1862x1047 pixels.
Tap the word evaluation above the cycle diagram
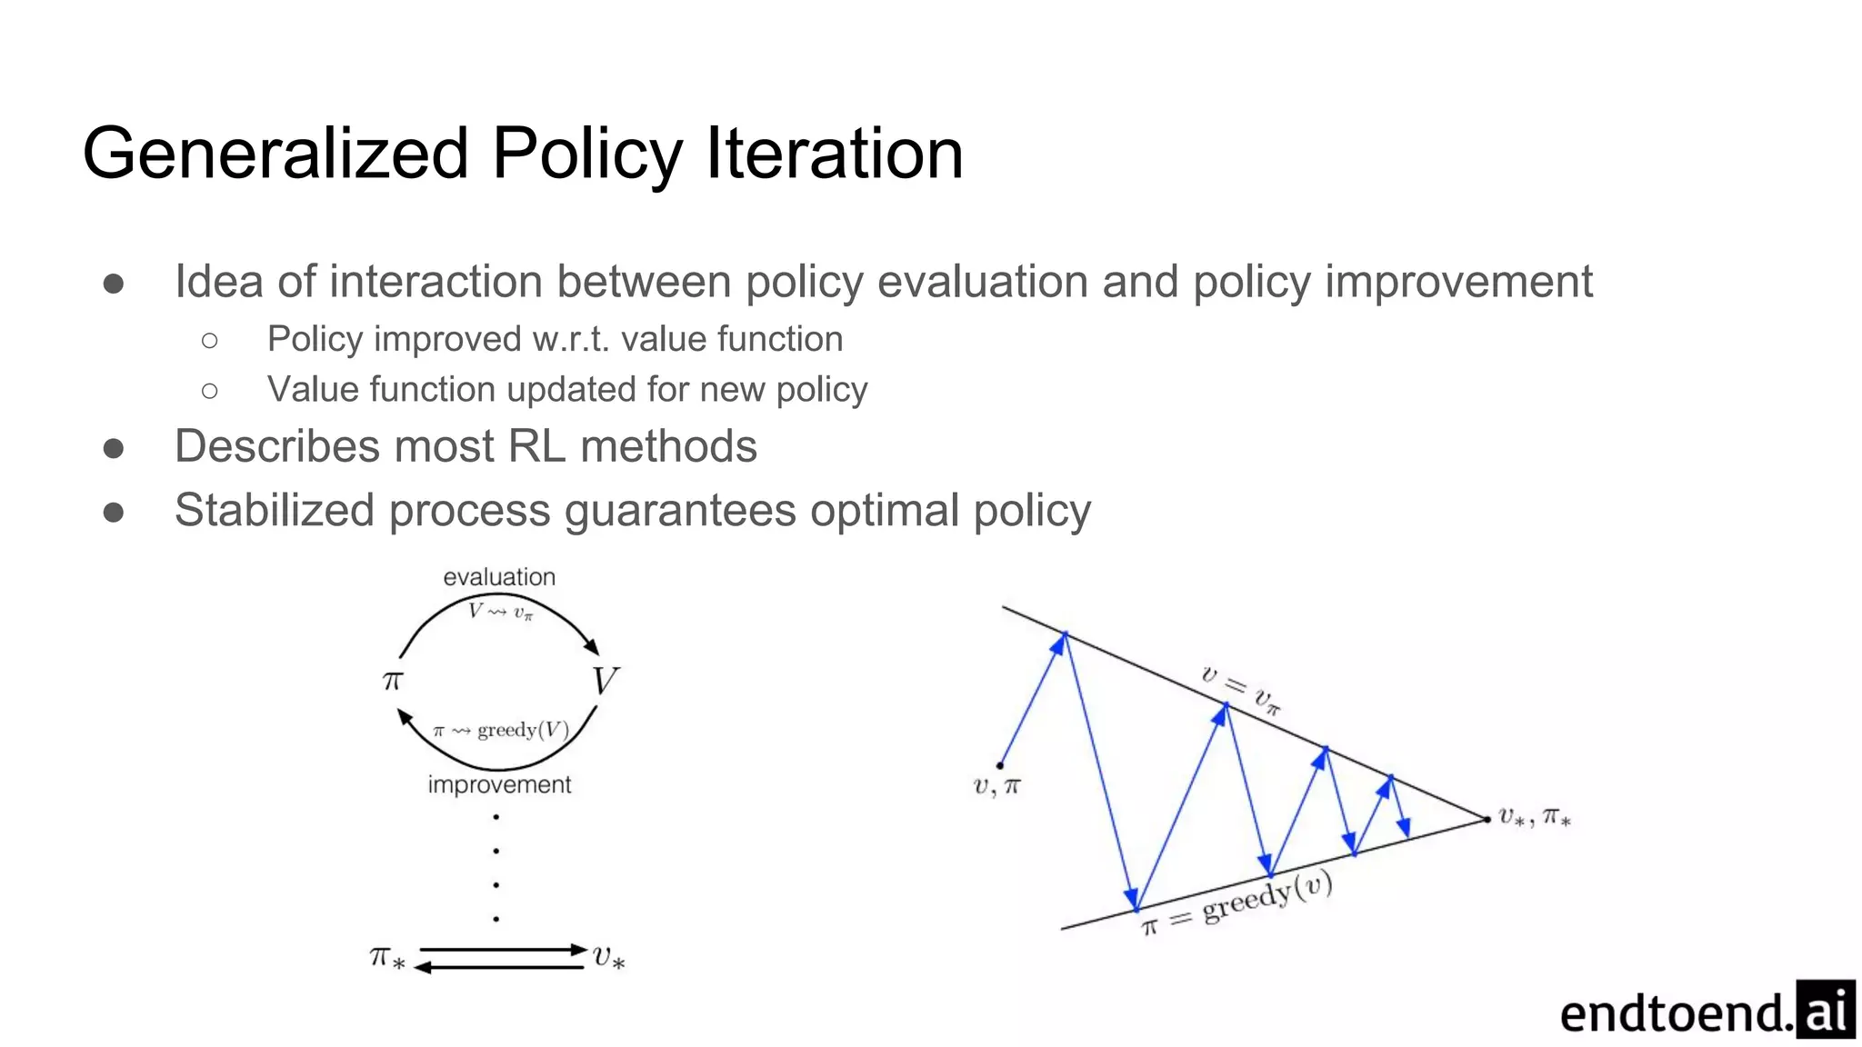[x=499, y=577]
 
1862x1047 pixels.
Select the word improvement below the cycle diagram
[x=499, y=784]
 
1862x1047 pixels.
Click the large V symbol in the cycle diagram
[x=605, y=681]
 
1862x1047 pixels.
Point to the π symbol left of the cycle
[x=392, y=680]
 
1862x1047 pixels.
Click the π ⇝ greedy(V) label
[x=501, y=730]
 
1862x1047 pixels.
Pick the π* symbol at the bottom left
[x=386, y=958]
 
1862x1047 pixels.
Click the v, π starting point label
[x=996, y=786]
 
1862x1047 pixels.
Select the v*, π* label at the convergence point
[x=1535, y=817]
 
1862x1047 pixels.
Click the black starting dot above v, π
[x=999, y=765]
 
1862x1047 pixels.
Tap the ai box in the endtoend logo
[x=1826, y=1010]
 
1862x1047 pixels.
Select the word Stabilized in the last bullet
[x=274, y=510]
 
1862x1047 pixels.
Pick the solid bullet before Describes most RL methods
[x=114, y=448]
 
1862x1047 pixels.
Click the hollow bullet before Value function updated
[x=210, y=391]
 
